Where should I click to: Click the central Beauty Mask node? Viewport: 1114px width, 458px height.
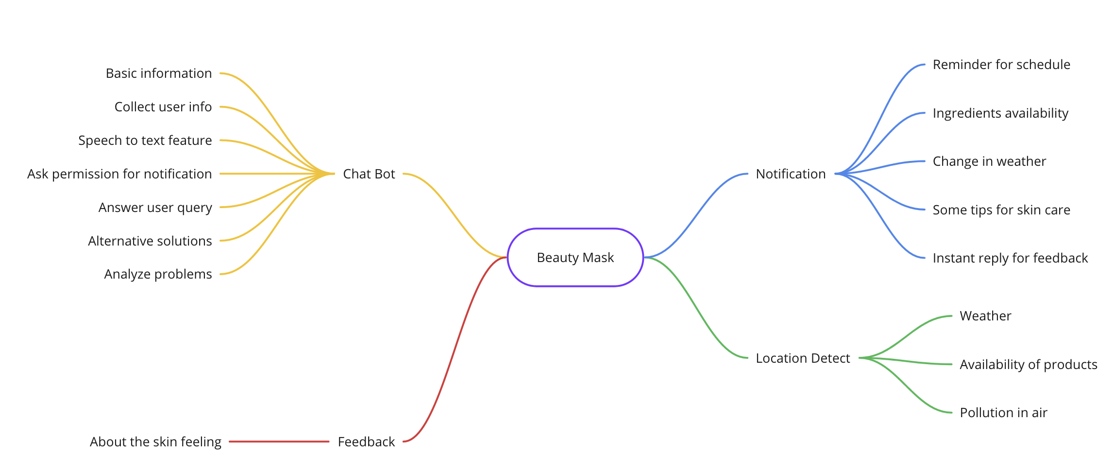pyautogui.click(x=575, y=257)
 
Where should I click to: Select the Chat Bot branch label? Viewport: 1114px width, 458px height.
pyautogui.click(x=369, y=174)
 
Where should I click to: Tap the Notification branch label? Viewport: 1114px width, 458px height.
pyautogui.click(x=791, y=174)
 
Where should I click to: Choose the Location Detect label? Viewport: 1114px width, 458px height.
pyautogui.click(x=803, y=358)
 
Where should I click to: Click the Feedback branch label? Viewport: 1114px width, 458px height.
pyautogui.click(x=366, y=441)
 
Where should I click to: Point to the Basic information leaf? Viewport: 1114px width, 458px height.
pyautogui.click(x=159, y=73)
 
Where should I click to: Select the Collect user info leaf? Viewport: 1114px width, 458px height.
pyautogui.click(x=163, y=106)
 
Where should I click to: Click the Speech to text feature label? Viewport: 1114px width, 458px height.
pyautogui.click(x=145, y=140)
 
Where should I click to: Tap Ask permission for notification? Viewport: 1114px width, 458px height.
pyautogui.click(x=119, y=174)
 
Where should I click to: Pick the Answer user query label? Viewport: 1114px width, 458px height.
pyautogui.click(x=155, y=208)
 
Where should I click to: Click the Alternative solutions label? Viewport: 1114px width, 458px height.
pyautogui.click(x=150, y=241)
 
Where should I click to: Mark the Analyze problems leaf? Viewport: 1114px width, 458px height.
pyautogui.click(x=158, y=274)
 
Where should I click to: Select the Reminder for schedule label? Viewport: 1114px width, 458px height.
pyautogui.click(x=1001, y=64)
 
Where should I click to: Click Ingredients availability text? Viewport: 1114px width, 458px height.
pyautogui.click(x=1000, y=113)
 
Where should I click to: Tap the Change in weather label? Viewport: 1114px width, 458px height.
pyautogui.click(x=989, y=161)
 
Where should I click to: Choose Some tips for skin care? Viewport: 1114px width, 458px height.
pyautogui.click(x=1001, y=210)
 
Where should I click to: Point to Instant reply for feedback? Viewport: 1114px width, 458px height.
pyautogui.click(x=1010, y=258)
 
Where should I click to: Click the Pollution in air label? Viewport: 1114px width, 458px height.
pyautogui.click(x=1003, y=412)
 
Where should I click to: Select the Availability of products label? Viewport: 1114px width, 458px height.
pyautogui.click(x=1029, y=364)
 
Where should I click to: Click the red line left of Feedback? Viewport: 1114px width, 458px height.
pyautogui.click(x=279, y=441)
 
